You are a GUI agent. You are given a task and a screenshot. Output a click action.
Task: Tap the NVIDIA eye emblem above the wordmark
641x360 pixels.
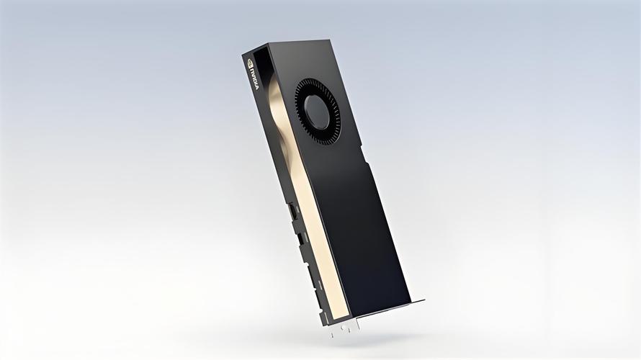251,63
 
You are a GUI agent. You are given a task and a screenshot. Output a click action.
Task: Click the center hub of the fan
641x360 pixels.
317,111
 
